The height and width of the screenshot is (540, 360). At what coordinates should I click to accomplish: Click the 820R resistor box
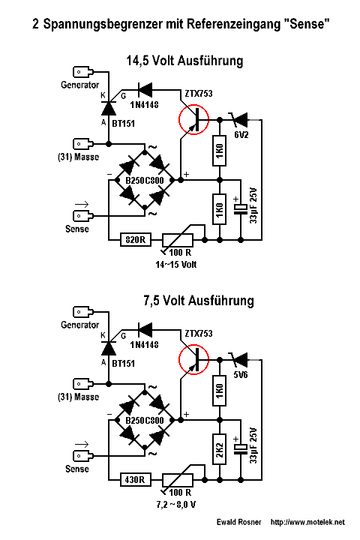click(136, 239)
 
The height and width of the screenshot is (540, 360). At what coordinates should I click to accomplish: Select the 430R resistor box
click(136, 479)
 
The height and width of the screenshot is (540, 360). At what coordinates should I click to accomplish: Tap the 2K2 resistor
click(220, 449)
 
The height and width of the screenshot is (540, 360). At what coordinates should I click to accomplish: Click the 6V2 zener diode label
click(241, 135)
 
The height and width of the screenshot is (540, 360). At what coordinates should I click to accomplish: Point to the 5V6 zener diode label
click(241, 375)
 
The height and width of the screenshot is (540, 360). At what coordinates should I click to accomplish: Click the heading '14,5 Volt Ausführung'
click(184, 61)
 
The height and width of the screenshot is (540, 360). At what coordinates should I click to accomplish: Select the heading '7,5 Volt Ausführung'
click(199, 301)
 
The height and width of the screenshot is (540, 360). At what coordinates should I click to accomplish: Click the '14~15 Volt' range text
click(175, 265)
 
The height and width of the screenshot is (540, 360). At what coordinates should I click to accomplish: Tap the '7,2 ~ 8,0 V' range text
click(175, 505)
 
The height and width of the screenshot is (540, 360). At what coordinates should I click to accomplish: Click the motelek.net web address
click(307, 522)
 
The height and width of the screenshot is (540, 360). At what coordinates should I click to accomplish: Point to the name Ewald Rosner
click(238, 522)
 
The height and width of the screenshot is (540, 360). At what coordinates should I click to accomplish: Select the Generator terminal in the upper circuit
click(83, 72)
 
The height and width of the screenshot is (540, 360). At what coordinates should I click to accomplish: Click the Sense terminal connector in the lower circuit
click(83, 456)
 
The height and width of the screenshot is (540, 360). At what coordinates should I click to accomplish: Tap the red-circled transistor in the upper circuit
click(193, 119)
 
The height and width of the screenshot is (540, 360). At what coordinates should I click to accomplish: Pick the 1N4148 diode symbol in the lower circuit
click(145, 330)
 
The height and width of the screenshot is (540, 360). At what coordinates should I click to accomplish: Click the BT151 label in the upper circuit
click(123, 123)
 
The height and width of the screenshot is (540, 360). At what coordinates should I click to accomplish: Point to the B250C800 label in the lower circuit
click(144, 420)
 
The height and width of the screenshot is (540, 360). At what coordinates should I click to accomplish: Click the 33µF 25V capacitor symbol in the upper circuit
click(241, 209)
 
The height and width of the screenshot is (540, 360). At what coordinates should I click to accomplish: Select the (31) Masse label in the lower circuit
click(79, 397)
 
